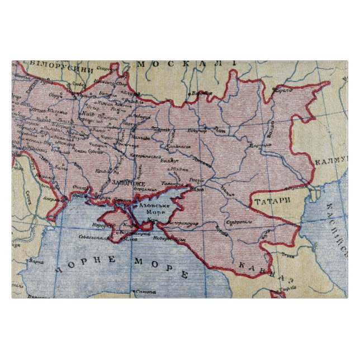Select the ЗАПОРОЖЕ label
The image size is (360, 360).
127,183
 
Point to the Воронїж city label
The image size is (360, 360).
202,93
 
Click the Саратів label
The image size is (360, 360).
284,90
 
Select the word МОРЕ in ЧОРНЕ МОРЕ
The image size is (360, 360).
162,268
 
